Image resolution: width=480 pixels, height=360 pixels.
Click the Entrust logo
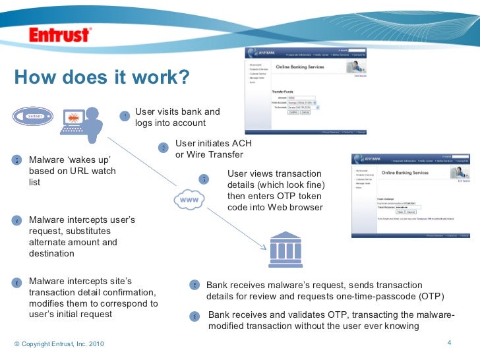coord(60,34)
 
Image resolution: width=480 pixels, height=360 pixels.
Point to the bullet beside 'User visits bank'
coord(125,117)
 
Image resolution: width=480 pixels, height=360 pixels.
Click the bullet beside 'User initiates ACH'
coord(164,148)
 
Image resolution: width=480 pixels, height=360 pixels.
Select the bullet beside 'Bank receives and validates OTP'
coord(195,316)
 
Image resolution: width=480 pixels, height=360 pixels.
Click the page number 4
coord(448,342)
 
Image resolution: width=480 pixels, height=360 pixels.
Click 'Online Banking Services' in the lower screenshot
coord(405,173)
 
